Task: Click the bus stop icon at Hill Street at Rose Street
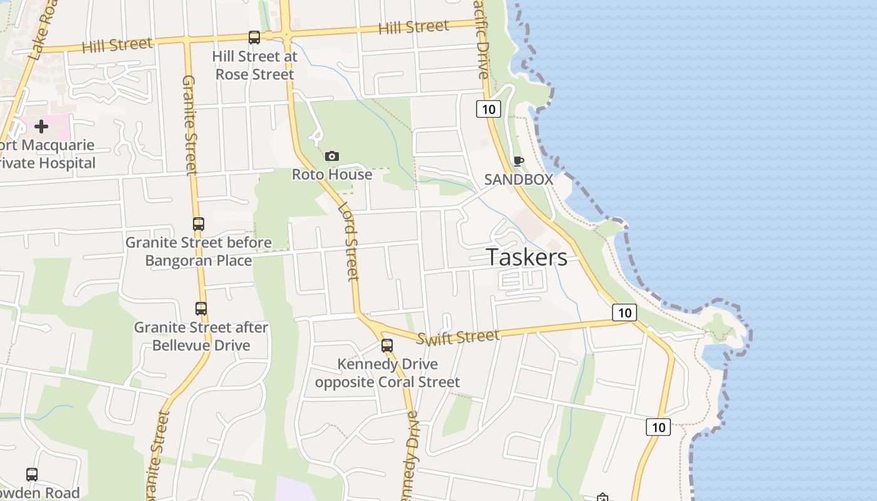(254, 38)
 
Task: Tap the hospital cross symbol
(41, 127)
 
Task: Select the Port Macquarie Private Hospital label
(48, 154)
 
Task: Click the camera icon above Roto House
(332, 156)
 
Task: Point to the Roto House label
(332, 174)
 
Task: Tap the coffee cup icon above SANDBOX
(518, 161)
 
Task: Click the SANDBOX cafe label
(519, 179)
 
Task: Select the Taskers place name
(527, 257)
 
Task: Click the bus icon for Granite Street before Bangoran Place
(199, 224)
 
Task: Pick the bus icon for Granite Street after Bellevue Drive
(200, 308)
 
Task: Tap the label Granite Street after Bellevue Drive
(201, 336)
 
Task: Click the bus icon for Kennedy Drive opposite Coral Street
(387, 345)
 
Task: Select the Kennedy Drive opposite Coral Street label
(387, 373)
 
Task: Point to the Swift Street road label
(459, 338)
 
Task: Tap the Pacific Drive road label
(481, 41)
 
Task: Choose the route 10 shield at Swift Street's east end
(624, 312)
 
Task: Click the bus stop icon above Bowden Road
(32, 475)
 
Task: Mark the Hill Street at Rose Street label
(254, 65)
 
